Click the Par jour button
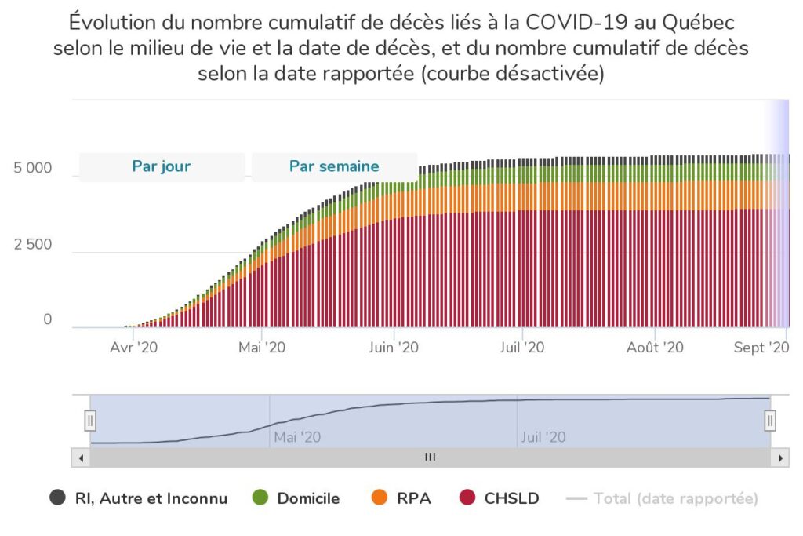pyautogui.click(x=162, y=166)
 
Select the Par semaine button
pyautogui.click(x=334, y=166)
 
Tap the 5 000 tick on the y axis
pyautogui.click(x=33, y=168)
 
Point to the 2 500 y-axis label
pyautogui.click(x=33, y=244)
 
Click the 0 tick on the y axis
pyautogui.click(x=47, y=319)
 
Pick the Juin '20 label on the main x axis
pyautogui.click(x=394, y=347)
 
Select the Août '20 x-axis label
pyautogui.click(x=655, y=347)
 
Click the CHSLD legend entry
pyautogui.click(x=511, y=498)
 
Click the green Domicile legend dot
pyautogui.click(x=261, y=498)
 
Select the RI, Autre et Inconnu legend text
pyautogui.click(x=151, y=498)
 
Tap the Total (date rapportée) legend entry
pyautogui.click(x=675, y=498)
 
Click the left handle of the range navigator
pyautogui.click(x=90, y=421)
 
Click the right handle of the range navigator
pyautogui.click(x=770, y=421)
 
